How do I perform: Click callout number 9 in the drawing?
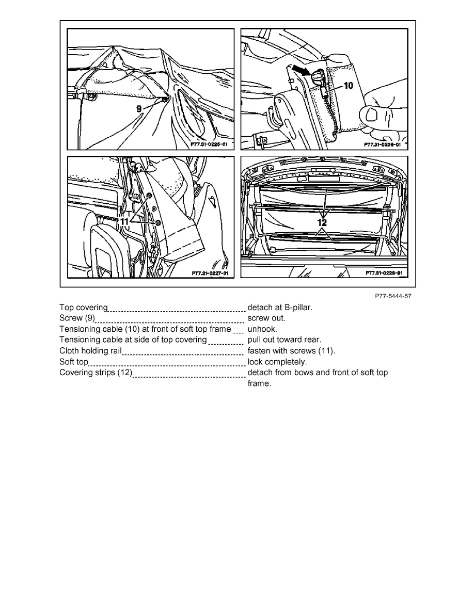(x=139, y=109)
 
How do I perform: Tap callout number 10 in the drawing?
(x=349, y=85)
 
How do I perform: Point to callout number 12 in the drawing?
(x=322, y=223)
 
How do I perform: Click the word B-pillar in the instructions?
(x=296, y=308)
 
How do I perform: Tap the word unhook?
(x=262, y=329)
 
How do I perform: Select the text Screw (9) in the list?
(x=77, y=318)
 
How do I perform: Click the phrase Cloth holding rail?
(x=90, y=351)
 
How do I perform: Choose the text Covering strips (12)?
(x=96, y=373)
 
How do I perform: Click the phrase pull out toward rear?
(x=284, y=340)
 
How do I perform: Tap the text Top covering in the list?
(x=83, y=308)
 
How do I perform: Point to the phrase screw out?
(x=266, y=318)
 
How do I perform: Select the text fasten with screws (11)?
(x=291, y=351)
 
